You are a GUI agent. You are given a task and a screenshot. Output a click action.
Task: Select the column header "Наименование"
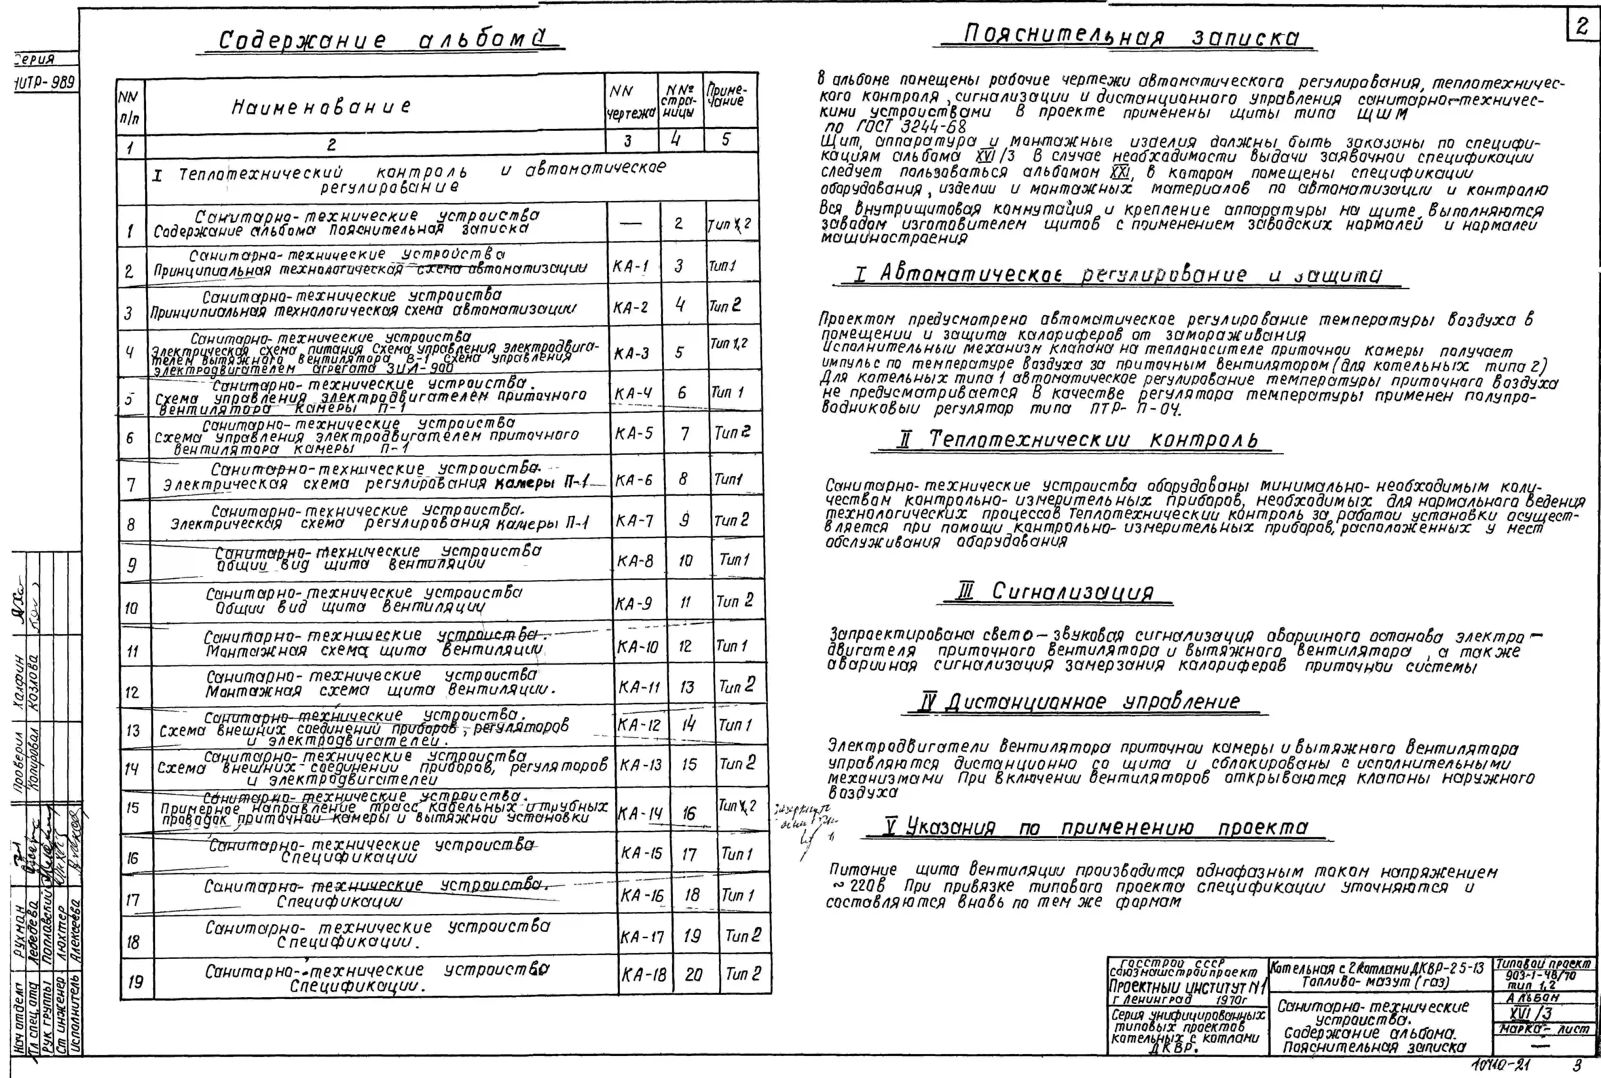(x=321, y=107)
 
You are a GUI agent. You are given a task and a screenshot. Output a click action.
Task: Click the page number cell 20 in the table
(x=693, y=974)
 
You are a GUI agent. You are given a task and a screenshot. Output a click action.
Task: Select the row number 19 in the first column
(x=135, y=981)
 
